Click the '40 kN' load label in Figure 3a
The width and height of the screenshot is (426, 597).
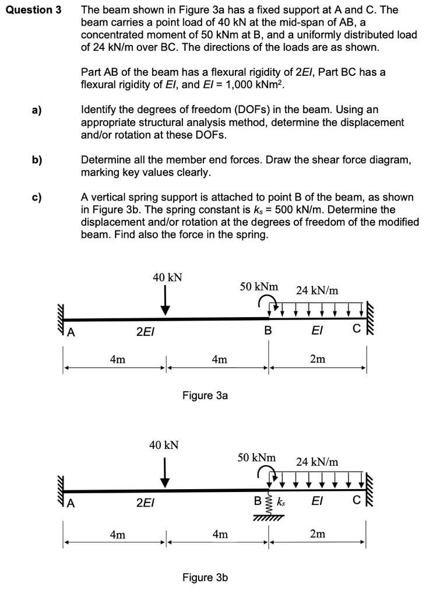click(167, 278)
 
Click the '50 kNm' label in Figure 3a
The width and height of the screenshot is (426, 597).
click(259, 287)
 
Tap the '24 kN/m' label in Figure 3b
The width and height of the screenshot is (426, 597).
click(316, 462)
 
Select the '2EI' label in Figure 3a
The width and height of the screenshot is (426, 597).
click(145, 331)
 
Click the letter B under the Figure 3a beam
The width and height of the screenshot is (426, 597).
click(268, 331)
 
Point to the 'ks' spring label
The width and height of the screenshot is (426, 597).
click(281, 501)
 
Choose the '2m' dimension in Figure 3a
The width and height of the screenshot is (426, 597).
click(318, 359)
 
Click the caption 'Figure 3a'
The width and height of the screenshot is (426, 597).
click(205, 396)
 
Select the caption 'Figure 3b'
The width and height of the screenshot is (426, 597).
click(205, 578)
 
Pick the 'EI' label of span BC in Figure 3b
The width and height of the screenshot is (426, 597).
click(317, 501)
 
